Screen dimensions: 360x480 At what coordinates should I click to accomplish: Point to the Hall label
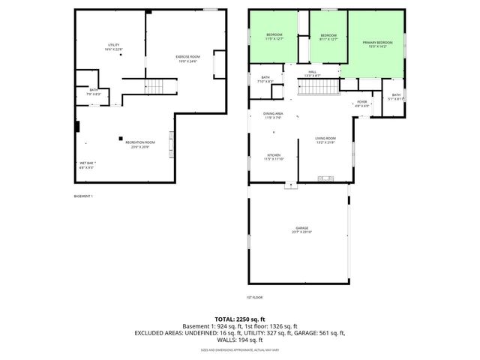point(312,73)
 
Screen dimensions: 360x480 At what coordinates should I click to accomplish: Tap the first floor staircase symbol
point(315,88)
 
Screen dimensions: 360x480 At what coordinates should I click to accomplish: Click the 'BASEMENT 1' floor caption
point(82,196)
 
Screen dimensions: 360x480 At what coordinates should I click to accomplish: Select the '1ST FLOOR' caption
point(255,296)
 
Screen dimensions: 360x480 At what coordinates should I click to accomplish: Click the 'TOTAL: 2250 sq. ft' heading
point(240,318)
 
